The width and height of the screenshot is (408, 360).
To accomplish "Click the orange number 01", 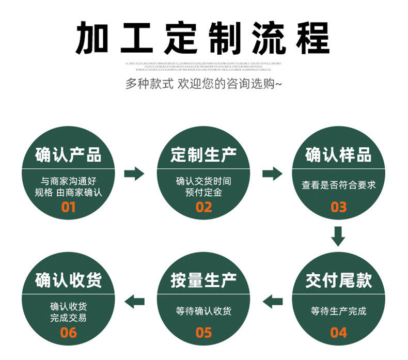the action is pyautogui.click(x=68, y=207).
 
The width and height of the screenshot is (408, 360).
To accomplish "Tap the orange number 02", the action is pyautogui.click(x=203, y=207).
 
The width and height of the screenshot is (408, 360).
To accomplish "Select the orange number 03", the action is pyautogui.click(x=339, y=207).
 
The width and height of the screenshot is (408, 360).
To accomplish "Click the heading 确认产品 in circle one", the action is pyautogui.click(x=68, y=154).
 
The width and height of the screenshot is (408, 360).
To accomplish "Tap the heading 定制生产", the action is pyautogui.click(x=203, y=154).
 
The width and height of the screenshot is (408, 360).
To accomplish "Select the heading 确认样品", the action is pyautogui.click(x=339, y=154).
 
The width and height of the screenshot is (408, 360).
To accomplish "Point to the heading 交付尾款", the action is pyautogui.click(x=339, y=280).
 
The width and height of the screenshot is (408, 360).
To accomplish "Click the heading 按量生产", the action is pyautogui.click(x=203, y=280).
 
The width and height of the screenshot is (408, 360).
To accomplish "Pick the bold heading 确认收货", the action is pyautogui.click(x=68, y=280).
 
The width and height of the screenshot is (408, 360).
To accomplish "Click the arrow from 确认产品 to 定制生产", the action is pyautogui.click(x=135, y=174).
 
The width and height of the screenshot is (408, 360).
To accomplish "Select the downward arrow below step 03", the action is pyautogui.click(x=338, y=236).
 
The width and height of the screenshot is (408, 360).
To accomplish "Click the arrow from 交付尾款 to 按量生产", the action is pyautogui.click(x=272, y=300).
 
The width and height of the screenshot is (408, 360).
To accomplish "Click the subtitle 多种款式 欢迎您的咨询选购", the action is pyautogui.click(x=204, y=84).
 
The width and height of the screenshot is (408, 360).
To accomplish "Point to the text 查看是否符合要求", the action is pyautogui.click(x=339, y=185).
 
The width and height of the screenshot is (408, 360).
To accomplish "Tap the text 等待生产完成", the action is pyautogui.click(x=339, y=311).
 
